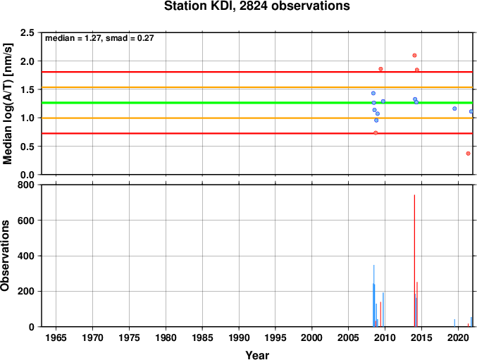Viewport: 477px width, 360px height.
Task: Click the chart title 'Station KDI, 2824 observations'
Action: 256,6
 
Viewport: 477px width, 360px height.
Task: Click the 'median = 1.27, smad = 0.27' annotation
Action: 99,38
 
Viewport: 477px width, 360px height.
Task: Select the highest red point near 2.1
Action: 414,56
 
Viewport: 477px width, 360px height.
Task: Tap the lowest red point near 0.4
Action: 468,154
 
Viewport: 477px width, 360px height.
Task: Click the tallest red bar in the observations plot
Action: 414,261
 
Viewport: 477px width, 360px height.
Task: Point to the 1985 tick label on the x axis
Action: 202,337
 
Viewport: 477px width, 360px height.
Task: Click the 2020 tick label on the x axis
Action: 458,337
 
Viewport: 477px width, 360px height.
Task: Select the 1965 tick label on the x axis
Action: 56,337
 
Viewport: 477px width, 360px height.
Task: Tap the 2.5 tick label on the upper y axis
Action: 27,32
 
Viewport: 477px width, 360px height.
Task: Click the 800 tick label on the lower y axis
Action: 27,185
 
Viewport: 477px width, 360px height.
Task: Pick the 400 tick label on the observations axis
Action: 27,256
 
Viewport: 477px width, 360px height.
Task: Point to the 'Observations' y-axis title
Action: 5,256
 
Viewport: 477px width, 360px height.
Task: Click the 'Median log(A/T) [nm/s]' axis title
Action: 7,104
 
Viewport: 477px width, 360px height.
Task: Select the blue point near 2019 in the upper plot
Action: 454,108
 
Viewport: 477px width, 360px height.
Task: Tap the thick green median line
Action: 257,103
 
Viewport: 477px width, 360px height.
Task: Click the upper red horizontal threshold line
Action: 257,72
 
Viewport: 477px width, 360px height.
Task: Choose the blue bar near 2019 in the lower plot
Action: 454,323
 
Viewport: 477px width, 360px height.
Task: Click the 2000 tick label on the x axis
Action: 312,337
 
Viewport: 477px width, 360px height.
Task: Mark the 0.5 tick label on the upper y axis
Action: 27,147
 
